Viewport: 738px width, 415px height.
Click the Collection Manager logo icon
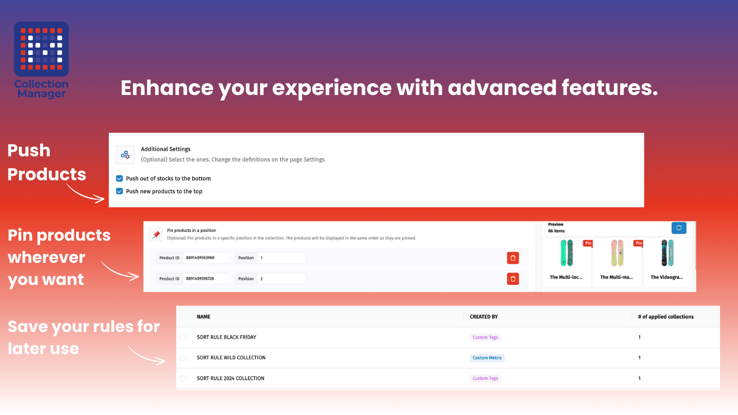coord(41,49)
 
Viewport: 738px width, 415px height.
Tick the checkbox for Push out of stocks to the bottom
coord(119,178)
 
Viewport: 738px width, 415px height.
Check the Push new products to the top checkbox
coord(119,191)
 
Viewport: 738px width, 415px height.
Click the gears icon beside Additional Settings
coord(125,154)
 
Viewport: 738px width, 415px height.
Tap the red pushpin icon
coord(155,235)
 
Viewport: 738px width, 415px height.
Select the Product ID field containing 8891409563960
coord(206,258)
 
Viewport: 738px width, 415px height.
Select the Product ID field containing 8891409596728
coord(206,279)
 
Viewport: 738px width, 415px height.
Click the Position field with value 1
coord(282,258)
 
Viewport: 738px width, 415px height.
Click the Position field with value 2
coord(282,279)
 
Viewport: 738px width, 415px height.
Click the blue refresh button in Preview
coord(678,228)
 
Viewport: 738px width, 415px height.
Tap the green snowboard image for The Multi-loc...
coord(567,253)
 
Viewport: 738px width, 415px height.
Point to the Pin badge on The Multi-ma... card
coord(638,243)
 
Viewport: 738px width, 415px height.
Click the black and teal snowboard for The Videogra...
coord(667,253)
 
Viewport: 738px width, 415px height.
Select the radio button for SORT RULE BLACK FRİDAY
coord(184,337)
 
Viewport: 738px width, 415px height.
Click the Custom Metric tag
coord(487,358)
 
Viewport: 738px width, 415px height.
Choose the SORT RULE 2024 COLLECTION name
coord(231,379)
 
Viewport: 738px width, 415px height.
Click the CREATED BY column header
coord(484,317)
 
